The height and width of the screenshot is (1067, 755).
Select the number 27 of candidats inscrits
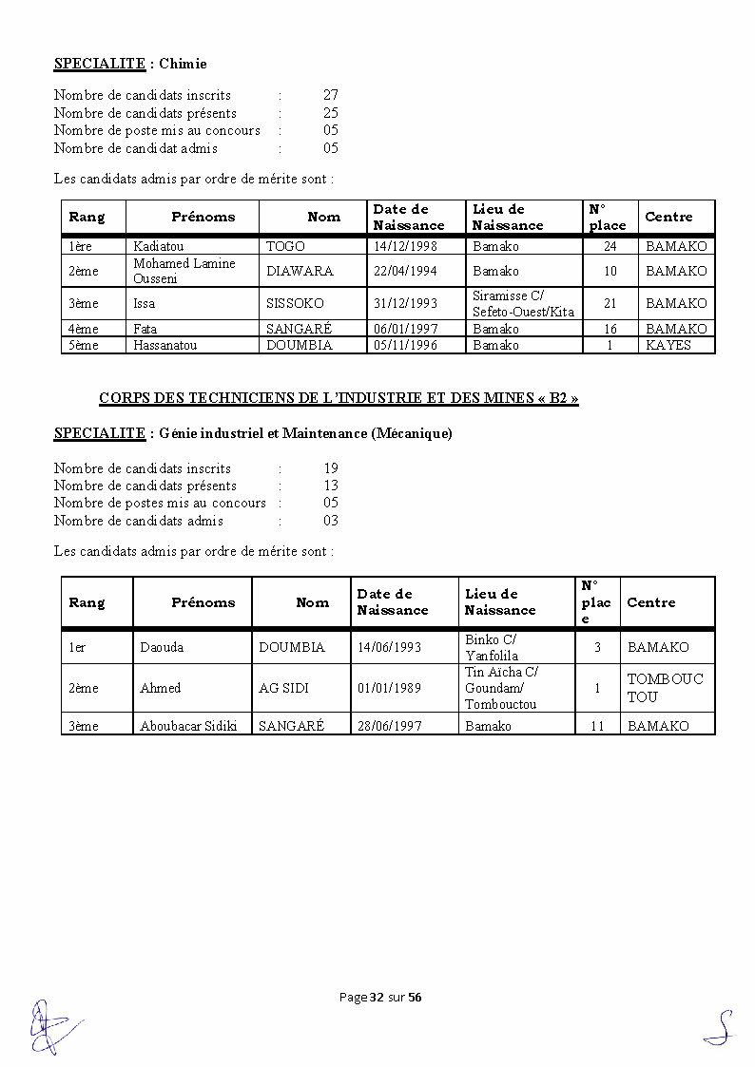[x=330, y=95]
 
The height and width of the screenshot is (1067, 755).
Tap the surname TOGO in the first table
[x=285, y=246]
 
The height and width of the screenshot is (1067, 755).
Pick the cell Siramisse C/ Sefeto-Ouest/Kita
[x=523, y=303]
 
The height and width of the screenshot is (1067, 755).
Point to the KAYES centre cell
[x=668, y=345]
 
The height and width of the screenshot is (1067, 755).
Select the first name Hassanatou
[x=165, y=345]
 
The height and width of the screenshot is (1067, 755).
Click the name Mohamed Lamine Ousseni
[x=184, y=271]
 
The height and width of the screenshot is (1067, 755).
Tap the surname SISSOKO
[x=295, y=303]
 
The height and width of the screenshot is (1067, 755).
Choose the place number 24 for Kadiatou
[x=610, y=246]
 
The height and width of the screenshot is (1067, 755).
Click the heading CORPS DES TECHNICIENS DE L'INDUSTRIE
[x=339, y=398]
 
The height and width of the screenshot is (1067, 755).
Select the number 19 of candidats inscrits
[x=330, y=468]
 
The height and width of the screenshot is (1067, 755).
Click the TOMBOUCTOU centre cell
[x=665, y=688]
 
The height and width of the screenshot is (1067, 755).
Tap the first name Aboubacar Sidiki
[x=189, y=726]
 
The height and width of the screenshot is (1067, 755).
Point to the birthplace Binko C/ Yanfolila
[x=492, y=647]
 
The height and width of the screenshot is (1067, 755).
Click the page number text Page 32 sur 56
[x=380, y=997]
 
